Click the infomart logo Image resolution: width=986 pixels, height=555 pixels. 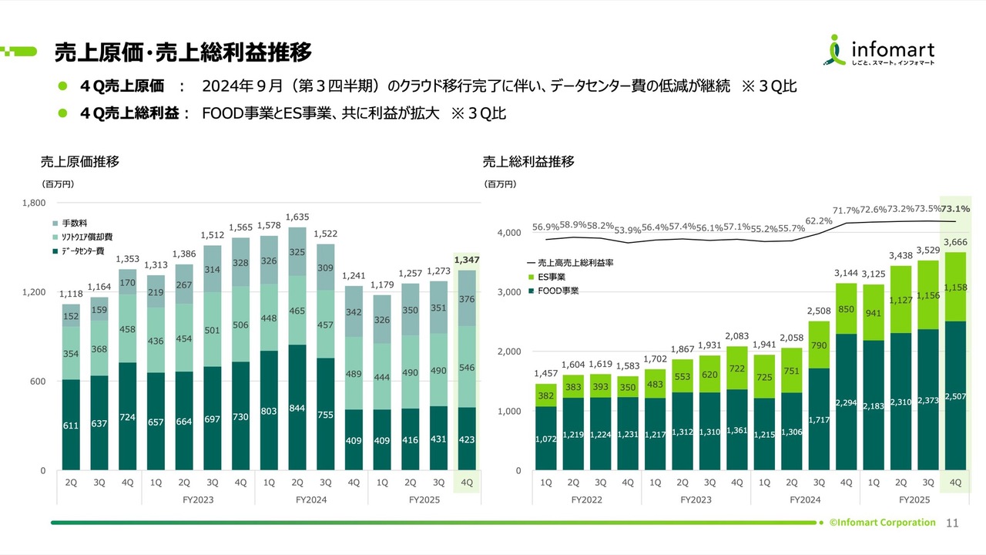881,51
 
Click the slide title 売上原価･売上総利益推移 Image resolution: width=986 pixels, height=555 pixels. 183,52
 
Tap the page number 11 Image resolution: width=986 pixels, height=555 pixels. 951,523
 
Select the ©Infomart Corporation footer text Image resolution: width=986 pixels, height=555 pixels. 882,523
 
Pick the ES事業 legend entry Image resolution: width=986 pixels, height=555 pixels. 552,277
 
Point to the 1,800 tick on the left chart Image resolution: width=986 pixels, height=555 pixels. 35,203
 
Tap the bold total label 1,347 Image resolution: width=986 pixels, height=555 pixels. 467,261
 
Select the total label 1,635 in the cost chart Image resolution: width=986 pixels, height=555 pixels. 297,217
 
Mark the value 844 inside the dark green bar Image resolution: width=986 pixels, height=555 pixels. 297,408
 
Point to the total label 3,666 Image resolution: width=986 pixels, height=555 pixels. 955,242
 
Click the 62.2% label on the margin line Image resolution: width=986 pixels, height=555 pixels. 819,220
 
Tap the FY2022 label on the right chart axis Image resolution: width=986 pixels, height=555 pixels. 586,499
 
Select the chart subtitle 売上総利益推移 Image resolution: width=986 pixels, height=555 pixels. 528,162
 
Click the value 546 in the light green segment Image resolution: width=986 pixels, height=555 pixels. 467,368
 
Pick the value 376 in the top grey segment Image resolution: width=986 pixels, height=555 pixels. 467,300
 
